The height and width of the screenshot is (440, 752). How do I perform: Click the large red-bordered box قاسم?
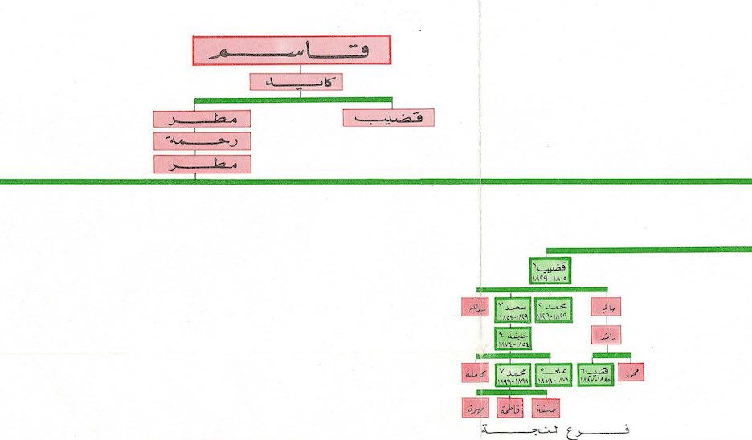tap(291, 51)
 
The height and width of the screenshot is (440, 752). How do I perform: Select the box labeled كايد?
tap(296, 82)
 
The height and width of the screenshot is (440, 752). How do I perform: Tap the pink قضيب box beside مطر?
tap(388, 117)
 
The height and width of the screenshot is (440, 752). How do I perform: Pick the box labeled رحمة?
tap(202, 141)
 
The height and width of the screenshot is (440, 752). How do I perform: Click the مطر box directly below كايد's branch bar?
tap(202, 119)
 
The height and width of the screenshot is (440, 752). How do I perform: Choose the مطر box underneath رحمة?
tap(202, 164)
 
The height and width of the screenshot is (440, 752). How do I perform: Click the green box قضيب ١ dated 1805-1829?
tap(549, 271)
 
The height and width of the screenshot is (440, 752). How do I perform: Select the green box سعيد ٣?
tap(513, 311)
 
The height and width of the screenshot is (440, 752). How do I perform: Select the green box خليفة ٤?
tap(513, 337)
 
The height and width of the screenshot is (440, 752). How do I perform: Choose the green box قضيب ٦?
tap(596, 373)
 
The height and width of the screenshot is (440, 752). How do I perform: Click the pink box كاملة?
tap(474, 373)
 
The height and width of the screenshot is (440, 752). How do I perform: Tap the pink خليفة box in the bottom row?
tap(545, 408)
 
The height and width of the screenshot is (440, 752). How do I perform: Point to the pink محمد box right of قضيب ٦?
tap(631, 373)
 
